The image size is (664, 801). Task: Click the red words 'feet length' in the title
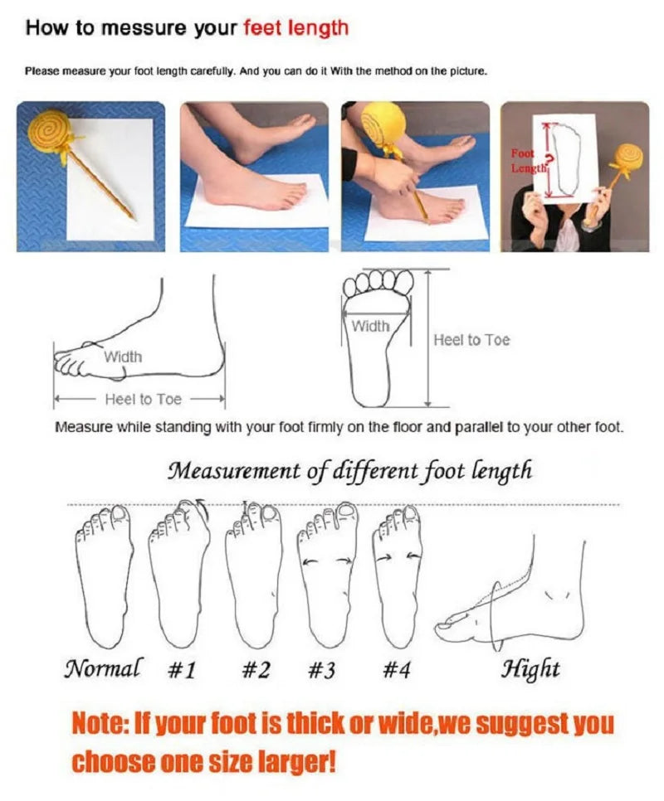pyautogui.click(x=295, y=28)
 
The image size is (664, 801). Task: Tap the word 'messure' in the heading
pyautogui.click(x=139, y=28)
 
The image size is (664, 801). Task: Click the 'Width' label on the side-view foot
pyautogui.click(x=123, y=357)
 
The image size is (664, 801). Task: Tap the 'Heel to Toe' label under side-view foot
pyautogui.click(x=143, y=400)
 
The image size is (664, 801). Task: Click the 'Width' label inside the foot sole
pyautogui.click(x=370, y=327)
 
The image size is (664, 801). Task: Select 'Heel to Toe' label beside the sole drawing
pyautogui.click(x=471, y=340)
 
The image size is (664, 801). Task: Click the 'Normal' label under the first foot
pyautogui.click(x=102, y=668)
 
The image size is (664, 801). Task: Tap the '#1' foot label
pyautogui.click(x=181, y=669)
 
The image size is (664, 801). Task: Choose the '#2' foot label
pyautogui.click(x=256, y=669)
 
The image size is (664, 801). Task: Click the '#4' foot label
pyautogui.click(x=396, y=669)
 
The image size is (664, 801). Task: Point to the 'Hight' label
pyautogui.click(x=530, y=668)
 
